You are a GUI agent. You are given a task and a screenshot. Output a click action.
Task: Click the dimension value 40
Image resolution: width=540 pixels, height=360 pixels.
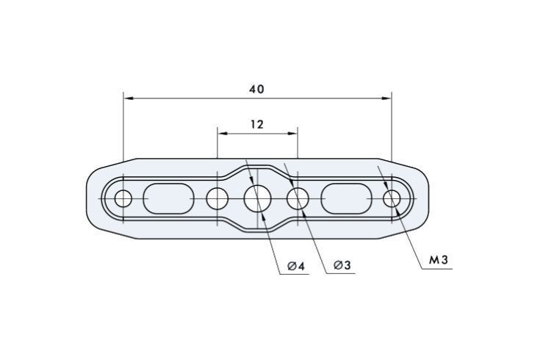coord(257,89)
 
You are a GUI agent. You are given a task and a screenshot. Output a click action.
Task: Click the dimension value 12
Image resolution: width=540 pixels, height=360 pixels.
coord(257,124)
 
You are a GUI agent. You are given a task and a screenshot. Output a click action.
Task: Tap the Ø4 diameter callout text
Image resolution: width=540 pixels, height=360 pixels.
coord(297,266)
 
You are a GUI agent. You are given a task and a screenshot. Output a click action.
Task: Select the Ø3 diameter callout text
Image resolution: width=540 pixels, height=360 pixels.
coord(342,265)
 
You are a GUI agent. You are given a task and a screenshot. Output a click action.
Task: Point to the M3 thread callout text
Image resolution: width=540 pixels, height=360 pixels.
coord(439,260)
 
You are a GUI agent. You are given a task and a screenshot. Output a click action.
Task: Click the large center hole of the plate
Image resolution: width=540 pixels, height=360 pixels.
coord(258,199)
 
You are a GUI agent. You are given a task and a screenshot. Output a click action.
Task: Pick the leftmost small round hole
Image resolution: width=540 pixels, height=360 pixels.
coord(123,199)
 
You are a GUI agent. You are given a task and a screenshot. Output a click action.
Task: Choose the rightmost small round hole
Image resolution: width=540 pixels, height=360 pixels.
coord(392,199)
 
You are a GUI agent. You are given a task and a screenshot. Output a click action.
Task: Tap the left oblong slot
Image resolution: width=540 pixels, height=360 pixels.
coord(168,199)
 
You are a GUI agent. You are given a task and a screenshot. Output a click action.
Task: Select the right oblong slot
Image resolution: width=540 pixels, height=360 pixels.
coord(347,199)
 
